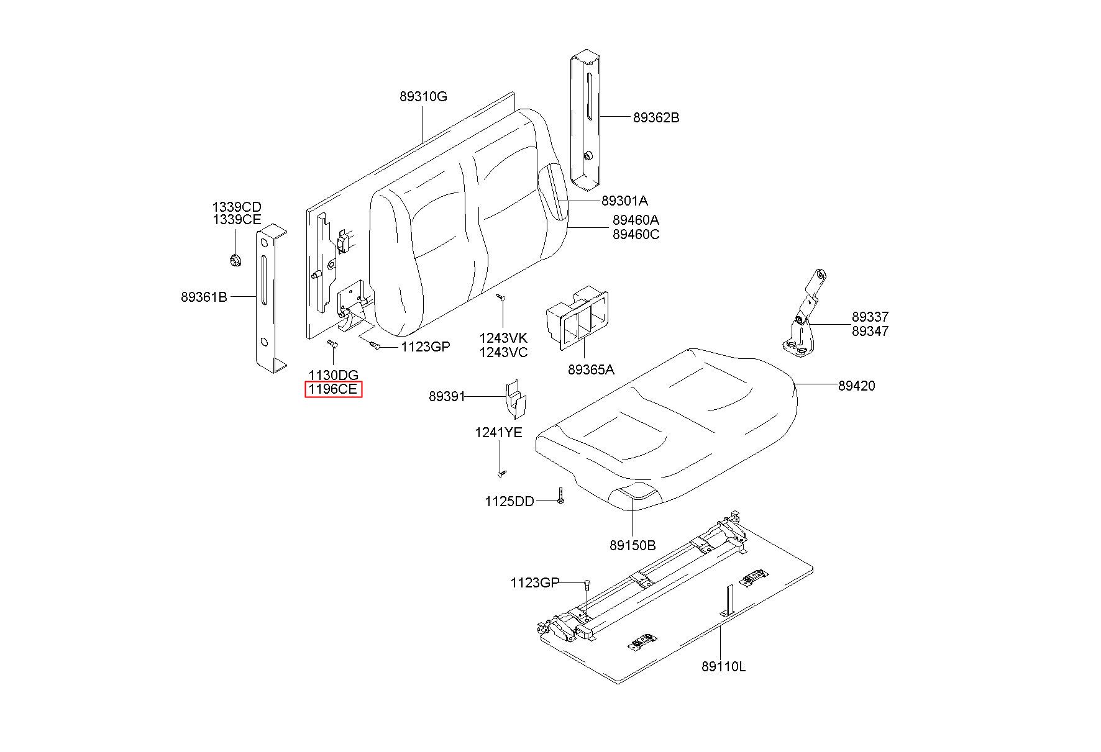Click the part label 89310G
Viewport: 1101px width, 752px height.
pos(423,97)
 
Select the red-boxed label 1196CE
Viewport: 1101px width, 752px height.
pos(333,389)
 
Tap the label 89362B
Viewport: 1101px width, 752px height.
pos(656,117)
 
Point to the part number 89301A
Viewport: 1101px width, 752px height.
pos(624,201)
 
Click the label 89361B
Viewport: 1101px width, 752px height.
pos(204,297)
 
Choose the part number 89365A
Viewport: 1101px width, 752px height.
pos(591,369)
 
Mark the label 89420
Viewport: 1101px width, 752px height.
pos(856,386)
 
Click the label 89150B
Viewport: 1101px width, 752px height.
pos(633,545)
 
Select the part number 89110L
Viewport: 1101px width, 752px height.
pos(723,667)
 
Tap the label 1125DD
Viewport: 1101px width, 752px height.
pos(509,501)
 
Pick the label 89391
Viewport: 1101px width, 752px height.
pos(447,396)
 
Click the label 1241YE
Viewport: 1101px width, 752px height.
pos(499,432)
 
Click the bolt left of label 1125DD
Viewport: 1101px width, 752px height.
pos(560,496)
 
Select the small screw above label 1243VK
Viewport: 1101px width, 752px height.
pos(501,298)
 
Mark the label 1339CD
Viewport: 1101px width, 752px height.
pos(237,207)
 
